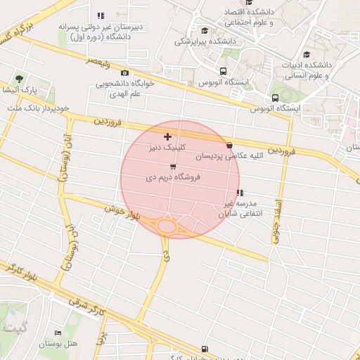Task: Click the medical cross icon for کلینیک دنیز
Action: pos(167,136)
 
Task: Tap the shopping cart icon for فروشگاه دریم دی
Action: pos(173,166)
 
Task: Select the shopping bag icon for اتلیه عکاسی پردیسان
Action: pos(230,145)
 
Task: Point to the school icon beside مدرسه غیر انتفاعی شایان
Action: pos(240,193)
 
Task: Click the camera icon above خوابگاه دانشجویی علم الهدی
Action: pos(124,72)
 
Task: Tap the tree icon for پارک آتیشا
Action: pos(18,79)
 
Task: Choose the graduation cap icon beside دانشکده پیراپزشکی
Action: pos(205,30)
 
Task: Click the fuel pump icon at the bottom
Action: pos(205,348)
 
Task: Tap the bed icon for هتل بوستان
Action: pos(58,333)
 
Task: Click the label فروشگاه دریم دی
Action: pos(173,178)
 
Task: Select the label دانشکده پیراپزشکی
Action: pos(204,41)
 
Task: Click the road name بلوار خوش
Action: pos(123,213)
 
